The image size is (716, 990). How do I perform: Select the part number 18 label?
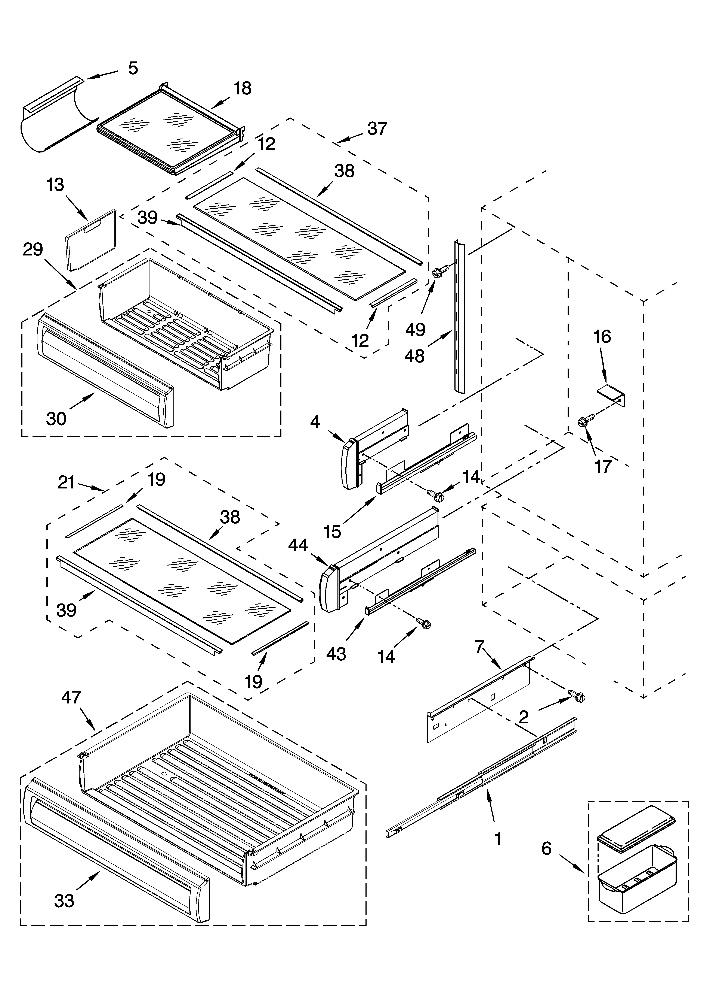243,89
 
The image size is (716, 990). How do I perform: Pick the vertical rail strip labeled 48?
459,314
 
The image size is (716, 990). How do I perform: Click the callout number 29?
33,250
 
